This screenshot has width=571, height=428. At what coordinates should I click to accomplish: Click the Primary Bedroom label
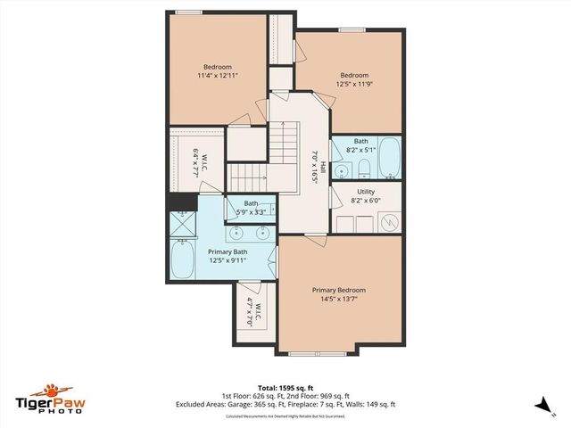[338, 290]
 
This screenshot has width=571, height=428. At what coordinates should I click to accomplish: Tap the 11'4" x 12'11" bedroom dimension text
[217, 77]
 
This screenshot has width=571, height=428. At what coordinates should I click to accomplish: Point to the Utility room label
[366, 192]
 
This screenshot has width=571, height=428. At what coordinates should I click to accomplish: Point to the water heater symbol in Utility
[389, 223]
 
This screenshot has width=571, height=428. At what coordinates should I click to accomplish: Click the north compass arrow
[542, 404]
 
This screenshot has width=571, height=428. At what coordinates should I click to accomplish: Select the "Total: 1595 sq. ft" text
[285, 388]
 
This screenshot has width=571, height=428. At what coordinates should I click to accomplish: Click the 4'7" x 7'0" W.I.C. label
[251, 314]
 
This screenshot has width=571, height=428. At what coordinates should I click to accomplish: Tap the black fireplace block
[182, 202]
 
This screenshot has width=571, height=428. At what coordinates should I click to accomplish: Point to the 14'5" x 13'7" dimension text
[338, 300]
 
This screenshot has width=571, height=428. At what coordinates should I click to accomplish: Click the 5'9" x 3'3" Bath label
[252, 208]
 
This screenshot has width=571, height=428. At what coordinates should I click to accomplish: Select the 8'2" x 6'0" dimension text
[366, 201]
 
